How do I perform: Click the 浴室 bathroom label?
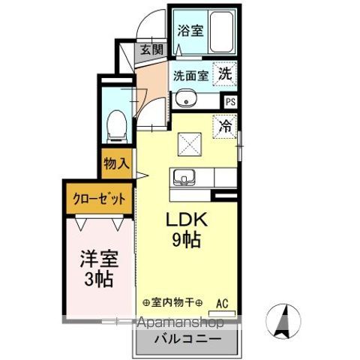(190, 31)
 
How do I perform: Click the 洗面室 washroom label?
(190, 76)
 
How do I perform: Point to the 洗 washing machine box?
(224, 73)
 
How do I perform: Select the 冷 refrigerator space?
(224, 127)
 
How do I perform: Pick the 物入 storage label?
(118, 162)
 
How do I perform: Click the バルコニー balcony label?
(187, 340)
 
